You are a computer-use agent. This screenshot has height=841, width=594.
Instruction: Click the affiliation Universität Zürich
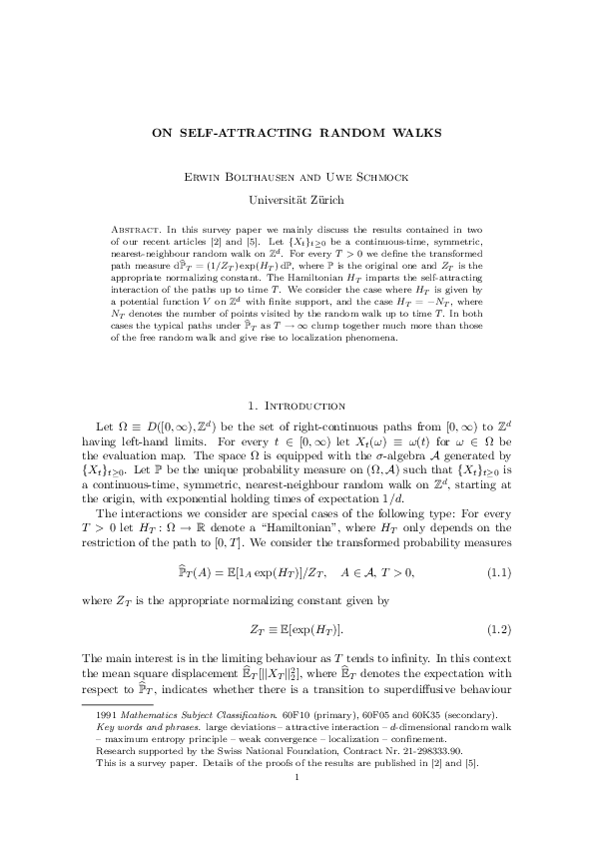(x=297, y=200)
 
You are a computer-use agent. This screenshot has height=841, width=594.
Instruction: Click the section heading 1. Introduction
(x=296, y=407)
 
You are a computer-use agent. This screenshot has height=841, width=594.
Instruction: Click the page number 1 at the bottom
(x=297, y=805)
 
